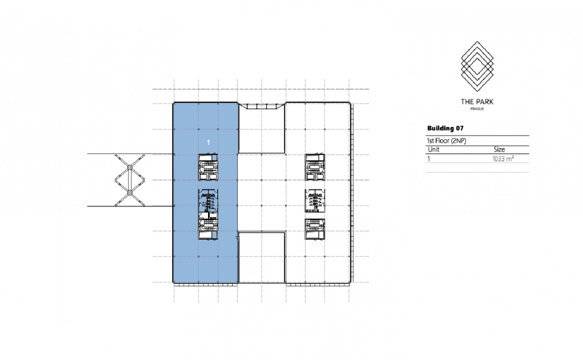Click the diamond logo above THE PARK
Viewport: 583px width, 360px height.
tap(477, 67)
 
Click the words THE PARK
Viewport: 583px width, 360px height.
tap(477, 102)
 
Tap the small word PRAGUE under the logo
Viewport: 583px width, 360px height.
tap(477, 109)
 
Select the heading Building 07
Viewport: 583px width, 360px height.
tap(445, 128)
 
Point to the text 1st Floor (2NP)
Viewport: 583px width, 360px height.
tap(446, 141)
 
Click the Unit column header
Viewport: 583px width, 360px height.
tap(434, 149)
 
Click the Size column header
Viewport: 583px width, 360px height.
tap(499, 149)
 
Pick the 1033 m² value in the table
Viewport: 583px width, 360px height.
tap(503, 159)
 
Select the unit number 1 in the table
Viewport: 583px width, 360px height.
tap(429, 159)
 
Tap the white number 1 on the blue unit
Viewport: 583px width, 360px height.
tap(208, 142)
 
